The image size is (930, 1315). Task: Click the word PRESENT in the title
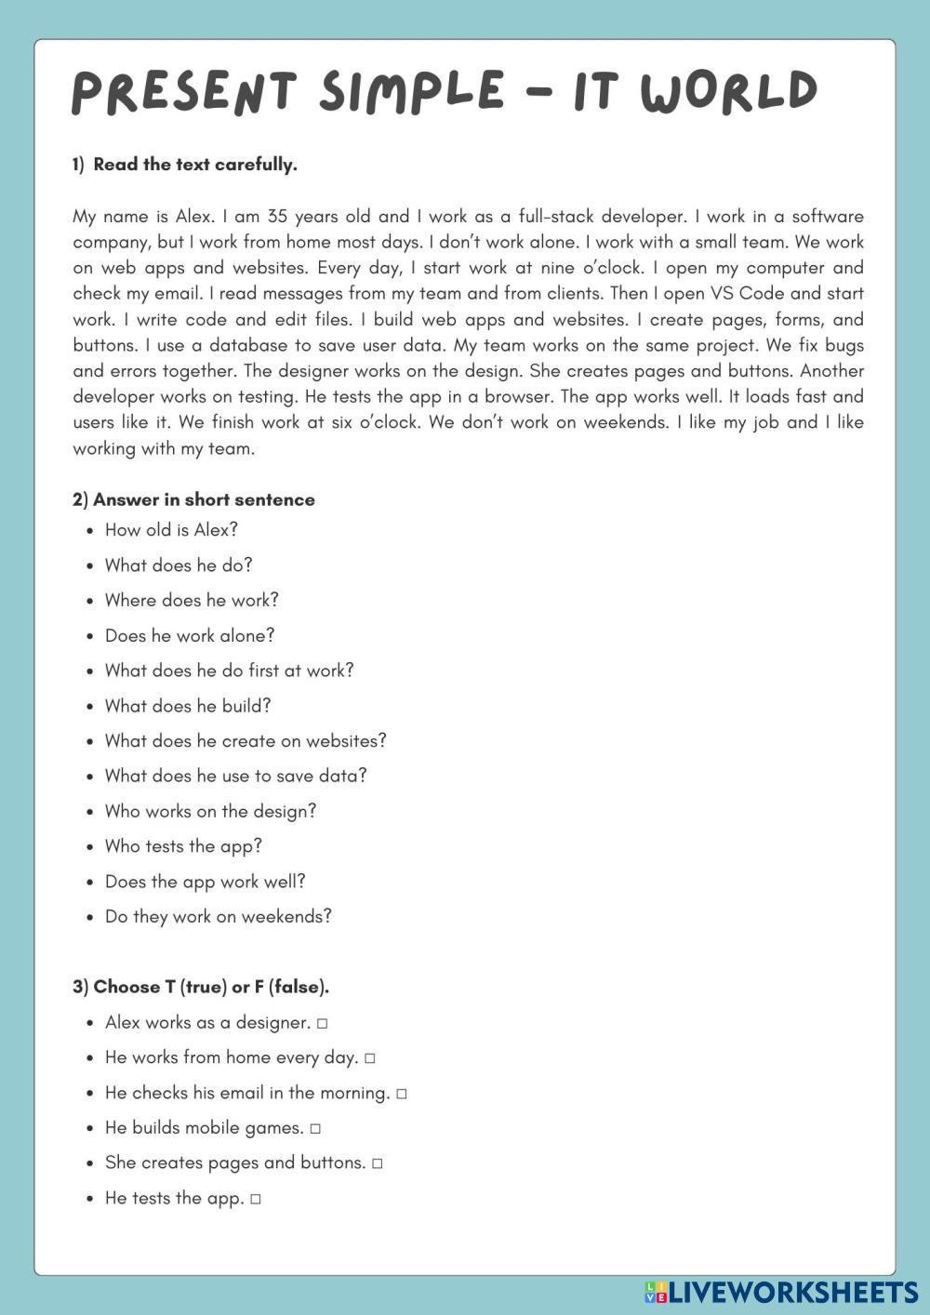point(183,92)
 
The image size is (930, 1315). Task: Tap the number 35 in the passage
point(277,217)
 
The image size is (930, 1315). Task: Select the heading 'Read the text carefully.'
point(194,165)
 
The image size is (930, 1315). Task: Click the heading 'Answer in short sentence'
point(204,499)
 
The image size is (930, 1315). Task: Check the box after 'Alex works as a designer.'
point(322,1023)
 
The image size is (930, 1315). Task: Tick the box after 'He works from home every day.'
point(369,1058)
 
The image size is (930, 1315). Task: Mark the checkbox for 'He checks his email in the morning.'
point(401,1094)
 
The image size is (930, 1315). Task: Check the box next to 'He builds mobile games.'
point(315,1129)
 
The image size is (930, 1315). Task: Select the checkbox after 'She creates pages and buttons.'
point(377,1163)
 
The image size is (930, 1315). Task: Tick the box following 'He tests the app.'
point(256,1199)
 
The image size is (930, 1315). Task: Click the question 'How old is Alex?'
point(171,530)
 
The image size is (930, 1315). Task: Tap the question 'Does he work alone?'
point(190,636)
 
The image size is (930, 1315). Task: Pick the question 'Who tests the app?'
point(183,846)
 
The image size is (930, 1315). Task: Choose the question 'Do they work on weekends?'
point(218,917)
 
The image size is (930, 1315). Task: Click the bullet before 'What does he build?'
point(89,707)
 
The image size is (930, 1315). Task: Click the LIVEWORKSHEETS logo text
point(793,1292)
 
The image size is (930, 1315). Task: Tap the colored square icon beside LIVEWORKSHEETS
point(655,1292)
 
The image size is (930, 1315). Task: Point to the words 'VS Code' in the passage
point(747,294)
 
